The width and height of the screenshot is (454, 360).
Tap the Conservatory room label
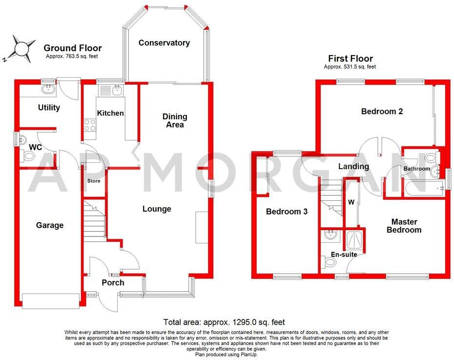[x=164, y=43]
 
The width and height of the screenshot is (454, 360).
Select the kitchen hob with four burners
[x=90, y=125]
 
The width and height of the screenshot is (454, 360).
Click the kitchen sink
[x=116, y=89]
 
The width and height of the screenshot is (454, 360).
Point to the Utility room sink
[x=48, y=89]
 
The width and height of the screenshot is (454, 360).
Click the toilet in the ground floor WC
[x=28, y=156]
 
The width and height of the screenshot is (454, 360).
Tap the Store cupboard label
[x=94, y=181]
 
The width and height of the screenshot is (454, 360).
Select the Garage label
[x=50, y=225]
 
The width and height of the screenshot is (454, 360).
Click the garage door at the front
[x=50, y=300]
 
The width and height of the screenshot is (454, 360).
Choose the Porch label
[x=113, y=282]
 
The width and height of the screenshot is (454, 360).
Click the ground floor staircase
[x=94, y=219]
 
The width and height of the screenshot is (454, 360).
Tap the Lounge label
[x=157, y=209]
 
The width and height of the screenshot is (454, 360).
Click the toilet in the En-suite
[x=330, y=263]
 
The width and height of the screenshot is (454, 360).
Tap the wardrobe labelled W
[x=351, y=202]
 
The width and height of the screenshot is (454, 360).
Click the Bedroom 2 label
[x=382, y=111]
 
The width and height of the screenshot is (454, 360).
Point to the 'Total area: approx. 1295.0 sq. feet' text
[x=224, y=322]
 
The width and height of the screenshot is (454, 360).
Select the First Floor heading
[x=351, y=58]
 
